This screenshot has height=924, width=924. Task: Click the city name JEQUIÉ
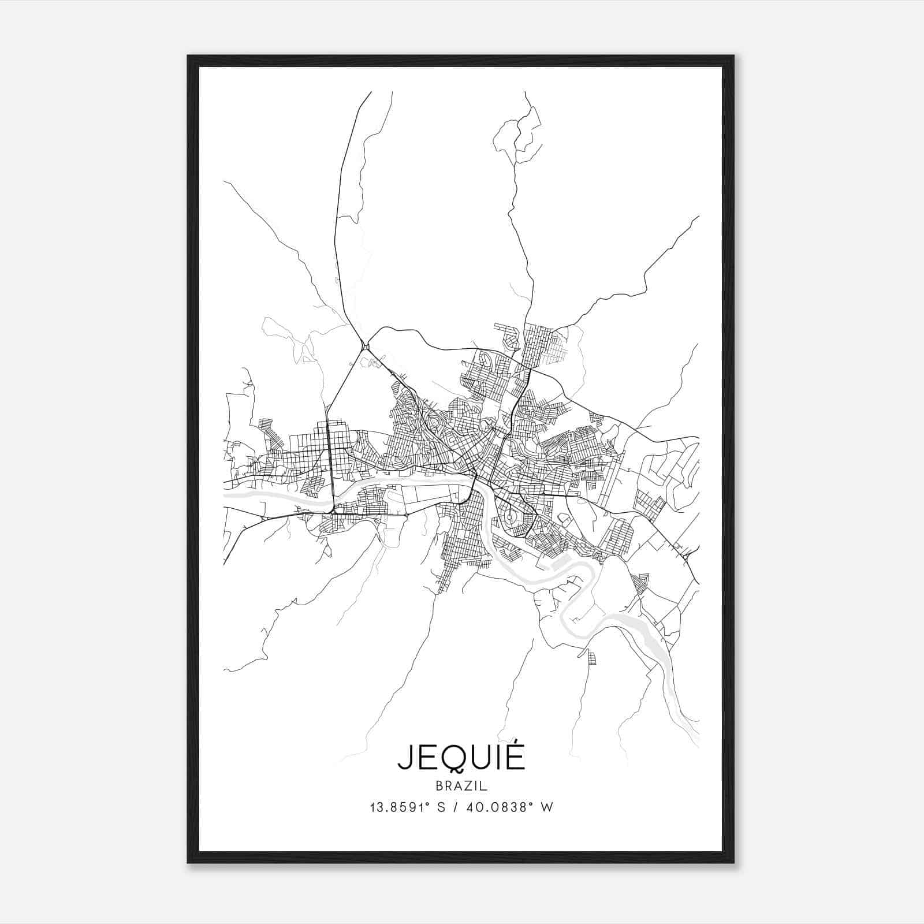click(x=461, y=757)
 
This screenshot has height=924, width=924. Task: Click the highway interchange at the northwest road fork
click(x=364, y=346)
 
